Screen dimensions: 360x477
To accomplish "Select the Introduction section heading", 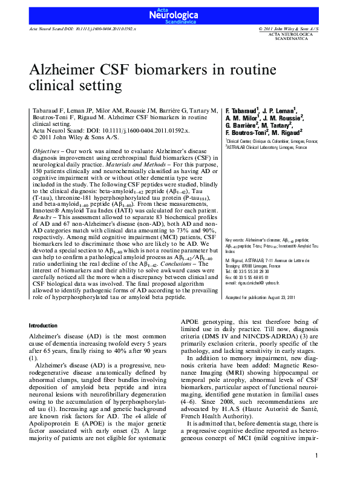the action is click(x=44, y=325).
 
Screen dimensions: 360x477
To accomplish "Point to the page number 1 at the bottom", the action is click(x=316, y=455).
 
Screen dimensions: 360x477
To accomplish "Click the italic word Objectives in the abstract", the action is click(x=45, y=150).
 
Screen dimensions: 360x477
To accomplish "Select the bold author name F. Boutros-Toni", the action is click(x=247, y=133).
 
